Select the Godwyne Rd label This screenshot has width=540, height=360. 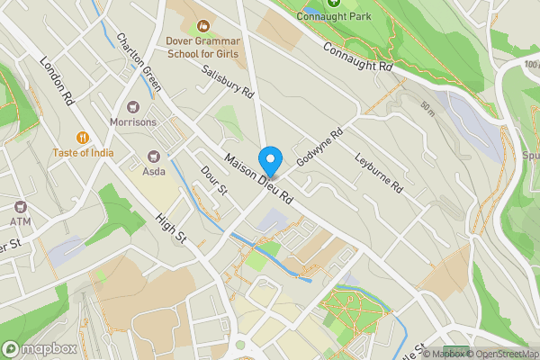click(x=325, y=145)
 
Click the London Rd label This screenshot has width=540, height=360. click(x=56, y=82)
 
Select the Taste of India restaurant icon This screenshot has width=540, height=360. click(x=82, y=137)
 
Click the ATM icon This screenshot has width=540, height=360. click(x=21, y=206)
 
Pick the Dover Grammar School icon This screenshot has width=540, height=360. click(x=202, y=25)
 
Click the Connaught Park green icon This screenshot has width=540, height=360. click(x=334, y=3)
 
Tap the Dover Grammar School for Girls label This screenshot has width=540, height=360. click(x=202, y=47)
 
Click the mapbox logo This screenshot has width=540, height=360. click(x=39, y=348)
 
